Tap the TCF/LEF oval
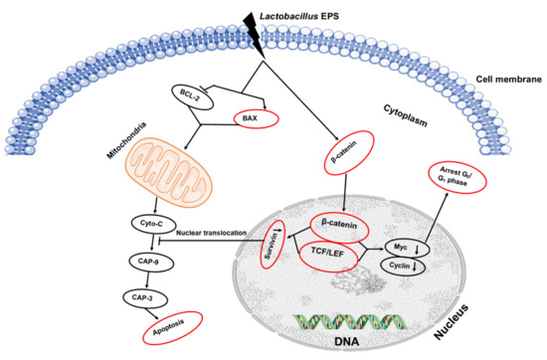[336, 255]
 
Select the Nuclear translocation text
[218, 234]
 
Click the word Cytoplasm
[407, 115]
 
